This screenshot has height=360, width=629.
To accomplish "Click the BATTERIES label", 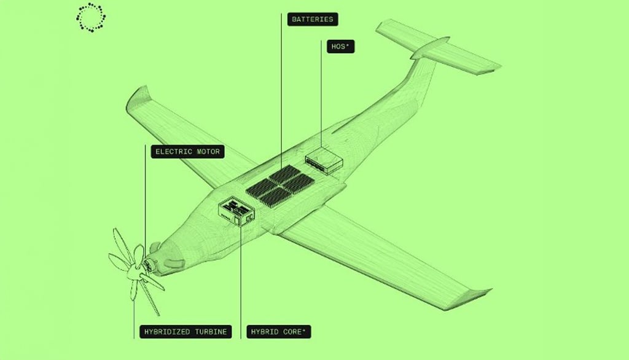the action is [x=312, y=19].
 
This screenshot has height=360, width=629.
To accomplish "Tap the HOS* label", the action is [x=340, y=47].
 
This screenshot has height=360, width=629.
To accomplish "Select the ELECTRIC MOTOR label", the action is [x=188, y=151].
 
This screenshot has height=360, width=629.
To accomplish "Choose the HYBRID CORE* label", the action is [x=279, y=332].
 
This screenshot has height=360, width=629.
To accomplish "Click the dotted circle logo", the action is [x=90, y=17].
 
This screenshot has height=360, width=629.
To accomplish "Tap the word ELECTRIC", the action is [x=173, y=151].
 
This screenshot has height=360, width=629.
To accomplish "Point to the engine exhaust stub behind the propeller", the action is [x=174, y=262].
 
